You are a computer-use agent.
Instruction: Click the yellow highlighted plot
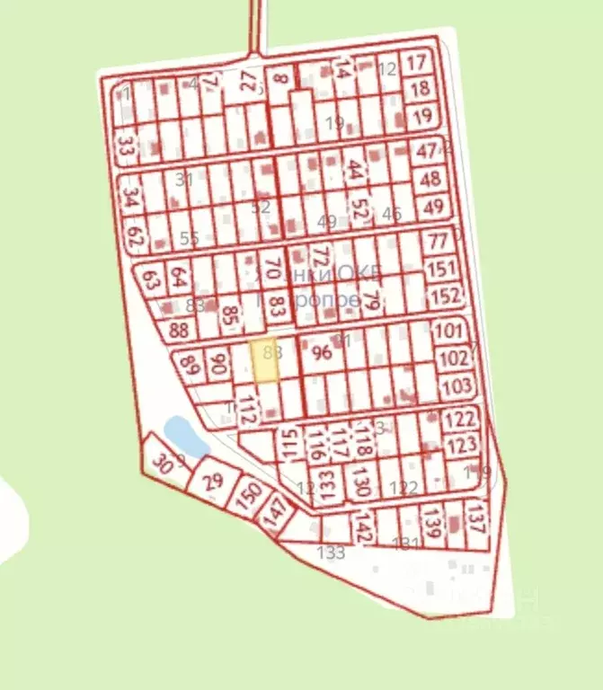click(x=264, y=361)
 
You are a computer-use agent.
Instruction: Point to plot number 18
click(x=420, y=89)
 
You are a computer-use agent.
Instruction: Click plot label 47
click(x=425, y=151)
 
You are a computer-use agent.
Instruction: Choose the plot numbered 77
click(x=438, y=241)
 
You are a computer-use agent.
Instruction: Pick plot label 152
click(x=445, y=296)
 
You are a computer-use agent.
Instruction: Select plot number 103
click(x=457, y=387)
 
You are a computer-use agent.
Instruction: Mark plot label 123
click(x=461, y=446)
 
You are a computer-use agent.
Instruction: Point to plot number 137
click(x=476, y=519)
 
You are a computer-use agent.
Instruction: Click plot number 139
click(x=433, y=524)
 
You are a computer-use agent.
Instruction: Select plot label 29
click(x=213, y=481)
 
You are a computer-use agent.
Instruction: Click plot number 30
click(x=162, y=464)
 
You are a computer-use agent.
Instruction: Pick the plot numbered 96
click(x=321, y=353)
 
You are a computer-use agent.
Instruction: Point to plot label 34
click(x=131, y=196)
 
